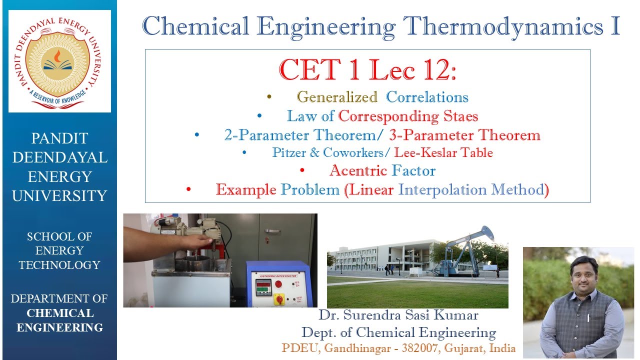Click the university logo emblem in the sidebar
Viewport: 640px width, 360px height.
(59, 60)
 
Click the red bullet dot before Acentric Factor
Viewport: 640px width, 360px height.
(302, 171)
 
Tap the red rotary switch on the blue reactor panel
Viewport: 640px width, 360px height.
(279, 299)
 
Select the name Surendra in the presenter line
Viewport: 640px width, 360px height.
(383, 315)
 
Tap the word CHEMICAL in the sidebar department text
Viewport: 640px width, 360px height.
(59, 313)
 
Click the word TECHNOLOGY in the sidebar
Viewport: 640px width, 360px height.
(59, 265)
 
